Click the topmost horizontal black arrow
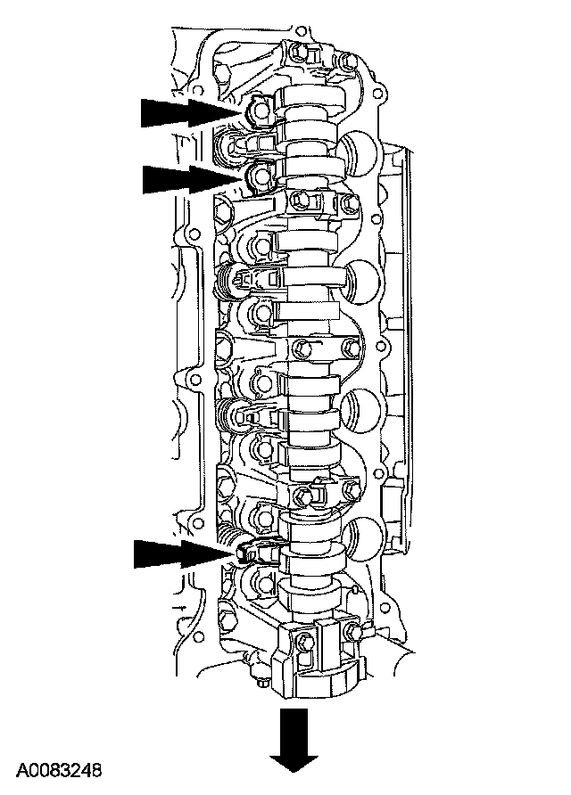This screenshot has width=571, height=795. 190,112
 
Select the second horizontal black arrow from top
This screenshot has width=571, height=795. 191,178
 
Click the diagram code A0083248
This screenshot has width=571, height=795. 60,770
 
